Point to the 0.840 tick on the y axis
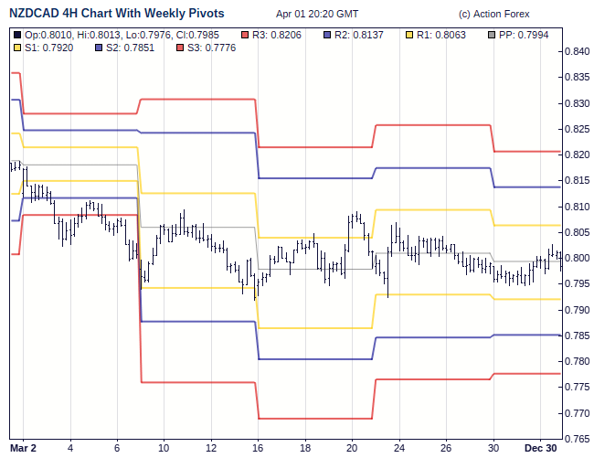577,52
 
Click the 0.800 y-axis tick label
577,259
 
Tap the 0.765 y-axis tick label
577,439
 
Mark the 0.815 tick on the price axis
577,181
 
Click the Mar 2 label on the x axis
23,448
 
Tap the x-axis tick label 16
259,448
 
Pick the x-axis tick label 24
398,448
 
